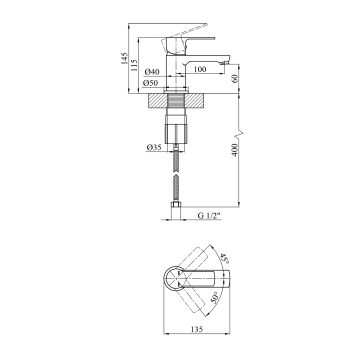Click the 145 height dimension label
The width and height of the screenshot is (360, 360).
pyautogui.click(x=124, y=58)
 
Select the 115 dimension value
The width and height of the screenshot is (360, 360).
pyautogui.click(x=134, y=65)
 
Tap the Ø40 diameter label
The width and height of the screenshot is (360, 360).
pyautogui.click(x=152, y=72)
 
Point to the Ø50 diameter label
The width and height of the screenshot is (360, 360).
pyautogui.click(x=150, y=83)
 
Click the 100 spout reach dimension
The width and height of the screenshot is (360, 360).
pyautogui.click(x=200, y=69)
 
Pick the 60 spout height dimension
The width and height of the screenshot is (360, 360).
pyautogui.click(x=234, y=79)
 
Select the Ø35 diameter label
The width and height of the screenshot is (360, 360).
pyautogui.click(x=154, y=147)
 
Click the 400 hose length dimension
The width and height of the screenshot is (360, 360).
pyautogui.click(x=234, y=150)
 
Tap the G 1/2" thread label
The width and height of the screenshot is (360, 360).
pyautogui.click(x=209, y=215)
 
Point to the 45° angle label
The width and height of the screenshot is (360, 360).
pyautogui.click(x=224, y=258)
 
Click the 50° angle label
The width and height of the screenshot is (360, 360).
pyautogui.click(x=214, y=297)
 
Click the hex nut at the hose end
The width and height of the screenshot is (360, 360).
pyautogui.click(x=176, y=204)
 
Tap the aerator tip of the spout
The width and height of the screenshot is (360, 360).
pyautogui.click(x=225, y=62)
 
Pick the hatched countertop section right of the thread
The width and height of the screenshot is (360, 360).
pyautogui.click(x=194, y=100)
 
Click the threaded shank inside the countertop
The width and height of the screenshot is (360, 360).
pyautogui.click(x=176, y=100)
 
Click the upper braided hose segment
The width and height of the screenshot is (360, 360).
pyautogui.click(x=176, y=159)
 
